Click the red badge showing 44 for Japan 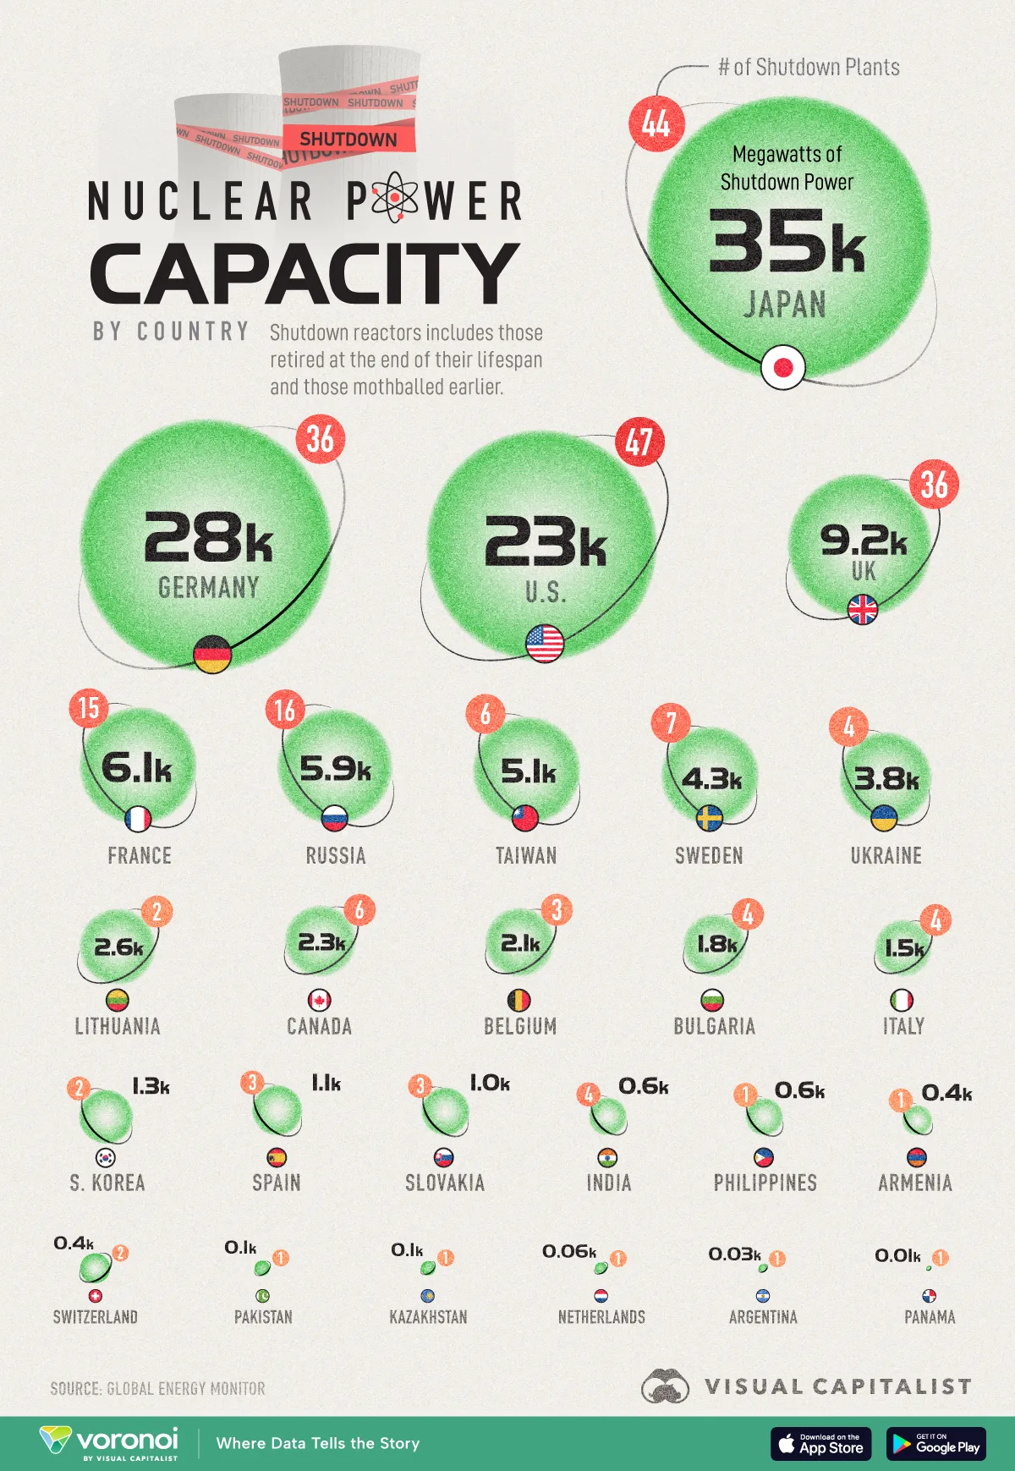click(656, 123)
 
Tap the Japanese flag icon click(782, 367)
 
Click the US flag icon click(545, 644)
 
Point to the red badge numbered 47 click(639, 442)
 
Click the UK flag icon click(863, 609)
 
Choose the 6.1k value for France click(137, 768)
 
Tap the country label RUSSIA click(336, 856)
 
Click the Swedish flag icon click(709, 818)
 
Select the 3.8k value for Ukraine click(886, 779)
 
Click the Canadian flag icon click(319, 1001)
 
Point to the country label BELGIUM click(520, 1027)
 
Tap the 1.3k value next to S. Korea click(151, 1087)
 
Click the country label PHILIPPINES click(765, 1183)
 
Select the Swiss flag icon click(95, 1296)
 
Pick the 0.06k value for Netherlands click(569, 1252)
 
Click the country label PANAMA click(930, 1317)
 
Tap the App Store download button click(820, 1444)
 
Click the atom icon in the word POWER click(393, 198)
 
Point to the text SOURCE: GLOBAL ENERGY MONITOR click(157, 1389)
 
